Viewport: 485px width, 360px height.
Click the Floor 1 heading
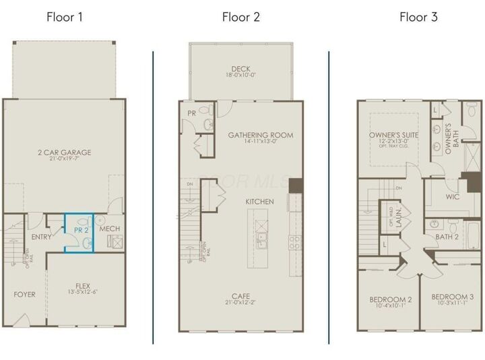[x=65, y=17]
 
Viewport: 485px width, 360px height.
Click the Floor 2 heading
[x=240, y=17]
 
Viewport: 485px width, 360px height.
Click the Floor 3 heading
[x=418, y=17]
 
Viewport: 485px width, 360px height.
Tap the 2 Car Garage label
[x=65, y=152]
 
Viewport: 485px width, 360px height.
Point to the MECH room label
[x=109, y=229]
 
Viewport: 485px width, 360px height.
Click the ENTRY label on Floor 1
[x=42, y=237]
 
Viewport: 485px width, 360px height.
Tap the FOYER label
[x=25, y=295]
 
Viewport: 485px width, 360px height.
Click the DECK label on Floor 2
[x=240, y=69]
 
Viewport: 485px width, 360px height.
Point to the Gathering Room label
[x=260, y=135]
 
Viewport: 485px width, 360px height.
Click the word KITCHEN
[x=259, y=202]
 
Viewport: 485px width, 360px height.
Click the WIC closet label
[x=453, y=198]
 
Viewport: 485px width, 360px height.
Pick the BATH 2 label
[x=447, y=236]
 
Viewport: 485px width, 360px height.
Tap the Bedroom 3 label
[x=452, y=297]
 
